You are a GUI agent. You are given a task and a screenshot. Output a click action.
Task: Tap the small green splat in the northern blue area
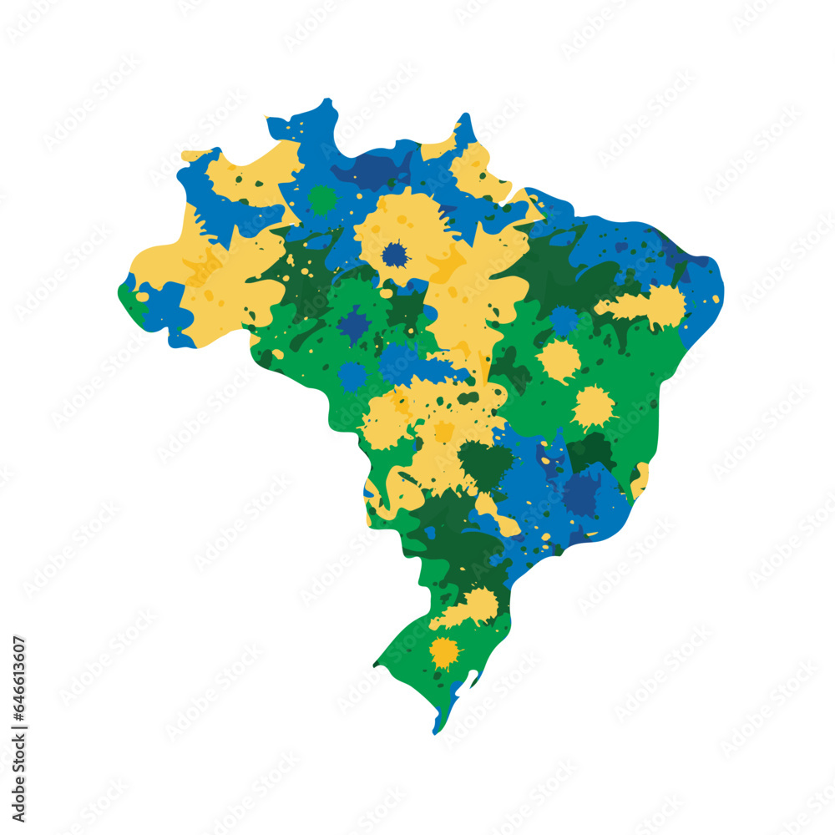[x=321, y=200]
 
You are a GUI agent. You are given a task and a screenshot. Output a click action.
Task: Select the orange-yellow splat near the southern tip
[x=444, y=651]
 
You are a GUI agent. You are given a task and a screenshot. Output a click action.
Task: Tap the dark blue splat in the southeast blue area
[x=580, y=494]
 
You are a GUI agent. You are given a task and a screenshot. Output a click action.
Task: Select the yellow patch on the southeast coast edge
[x=640, y=480]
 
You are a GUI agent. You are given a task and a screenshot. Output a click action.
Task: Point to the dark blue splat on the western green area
[x=354, y=325]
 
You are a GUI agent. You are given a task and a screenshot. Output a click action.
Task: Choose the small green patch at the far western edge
[x=129, y=296]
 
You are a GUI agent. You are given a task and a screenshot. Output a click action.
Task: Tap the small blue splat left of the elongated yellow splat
[x=564, y=320]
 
